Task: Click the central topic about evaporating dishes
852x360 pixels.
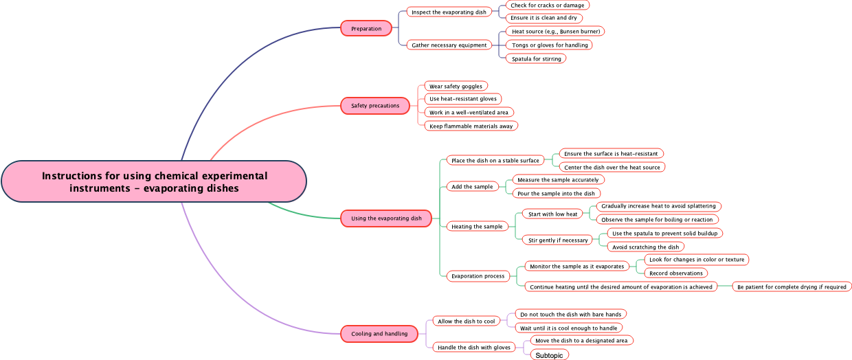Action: tap(154, 182)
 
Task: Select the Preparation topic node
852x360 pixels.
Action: tap(366, 29)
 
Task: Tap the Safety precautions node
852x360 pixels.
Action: tap(375, 106)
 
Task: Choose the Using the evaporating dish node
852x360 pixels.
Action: tap(386, 218)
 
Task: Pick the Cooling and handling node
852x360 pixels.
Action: tap(379, 334)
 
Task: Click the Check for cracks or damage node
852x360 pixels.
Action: tap(547, 5)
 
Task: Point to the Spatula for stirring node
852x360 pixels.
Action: tap(536, 59)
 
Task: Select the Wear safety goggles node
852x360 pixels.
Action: tap(456, 87)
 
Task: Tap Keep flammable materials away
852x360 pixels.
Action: tap(471, 126)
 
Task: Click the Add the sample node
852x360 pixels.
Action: tap(471, 187)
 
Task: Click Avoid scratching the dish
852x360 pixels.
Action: tap(645, 247)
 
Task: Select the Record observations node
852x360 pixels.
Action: tap(675, 273)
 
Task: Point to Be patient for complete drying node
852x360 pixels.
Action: tap(791, 287)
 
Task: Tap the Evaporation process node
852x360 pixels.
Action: tap(478, 276)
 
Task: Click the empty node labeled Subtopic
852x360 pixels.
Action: tap(549, 355)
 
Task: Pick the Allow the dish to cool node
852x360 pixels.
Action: tap(466, 322)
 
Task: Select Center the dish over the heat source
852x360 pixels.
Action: tap(612, 168)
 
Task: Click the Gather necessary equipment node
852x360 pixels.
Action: tap(449, 45)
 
